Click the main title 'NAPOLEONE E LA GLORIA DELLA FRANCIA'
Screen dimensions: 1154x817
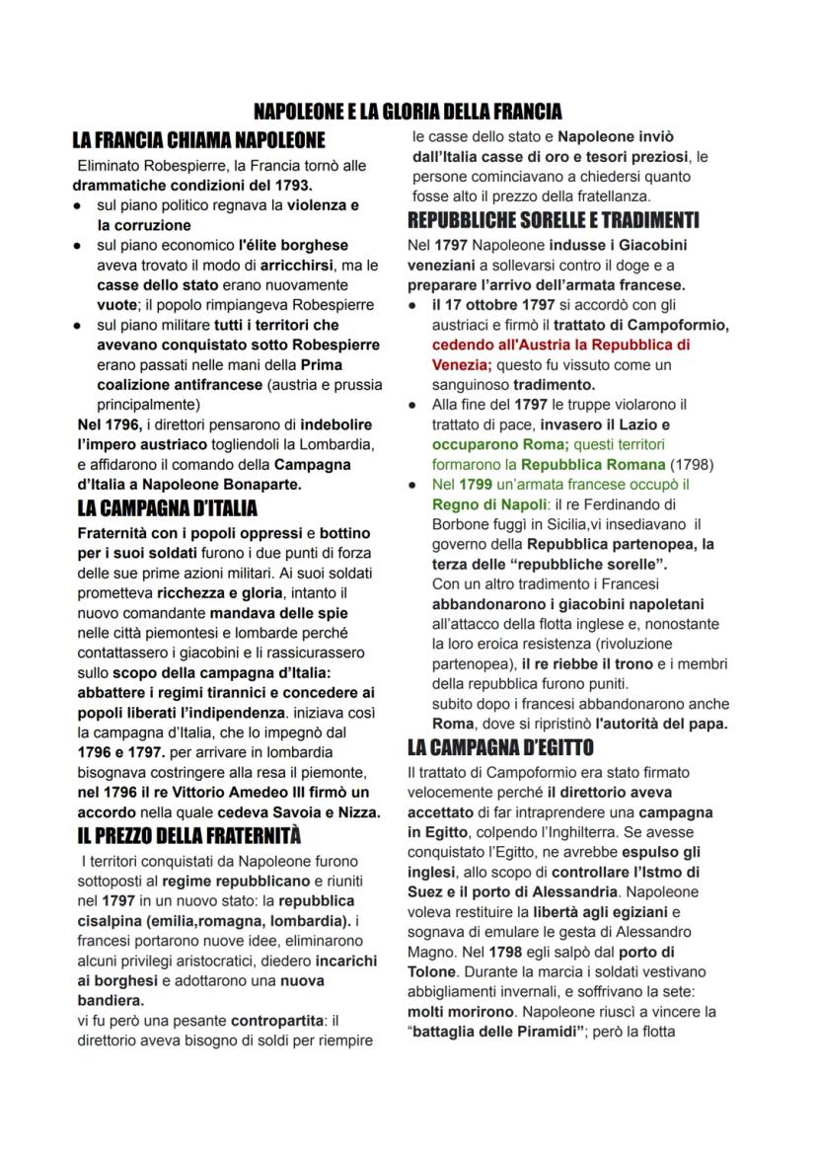(x=408, y=111)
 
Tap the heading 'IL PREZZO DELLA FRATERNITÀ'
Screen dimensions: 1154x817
(x=188, y=835)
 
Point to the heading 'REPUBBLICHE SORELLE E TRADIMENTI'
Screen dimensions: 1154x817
(x=553, y=218)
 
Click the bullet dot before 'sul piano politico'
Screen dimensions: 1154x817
(x=78, y=205)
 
